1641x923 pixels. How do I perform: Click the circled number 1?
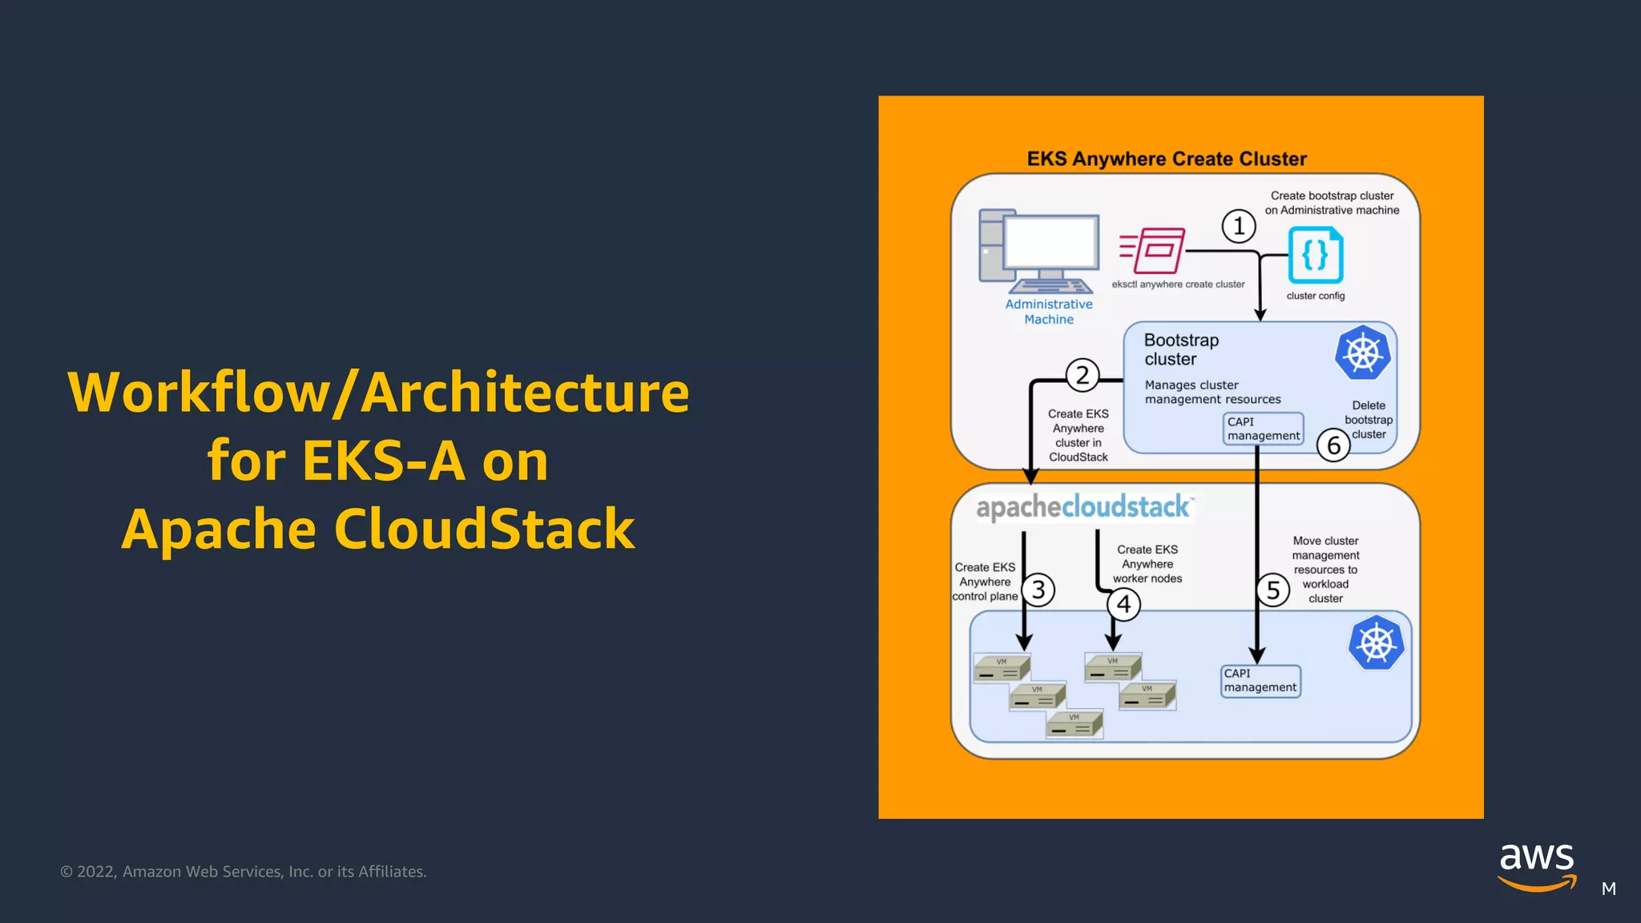pyautogui.click(x=1238, y=227)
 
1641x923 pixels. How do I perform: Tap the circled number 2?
pyautogui.click(x=1083, y=375)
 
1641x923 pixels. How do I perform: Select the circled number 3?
pyautogui.click(x=1038, y=590)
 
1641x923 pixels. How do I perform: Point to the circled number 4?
pyautogui.click(x=1123, y=604)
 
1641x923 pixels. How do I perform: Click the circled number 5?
pyautogui.click(x=1272, y=591)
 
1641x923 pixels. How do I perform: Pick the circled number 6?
pyautogui.click(x=1333, y=445)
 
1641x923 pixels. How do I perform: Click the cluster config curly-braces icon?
pyautogui.click(x=1315, y=256)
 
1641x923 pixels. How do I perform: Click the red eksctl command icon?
pyautogui.click(x=1153, y=251)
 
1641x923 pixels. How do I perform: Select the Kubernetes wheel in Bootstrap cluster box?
pyautogui.click(x=1362, y=353)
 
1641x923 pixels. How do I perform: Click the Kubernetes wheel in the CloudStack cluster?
pyautogui.click(x=1376, y=643)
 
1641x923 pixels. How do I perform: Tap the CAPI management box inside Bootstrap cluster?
pyautogui.click(x=1263, y=429)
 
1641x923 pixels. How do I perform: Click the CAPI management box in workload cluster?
pyautogui.click(x=1260, y=681)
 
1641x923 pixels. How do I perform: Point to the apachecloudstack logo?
pyautogui.click(x=1083, y=507)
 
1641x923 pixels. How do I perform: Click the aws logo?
pyautogui.click(x=1536, y=866)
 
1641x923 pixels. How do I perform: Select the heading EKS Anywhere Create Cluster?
pyautogui.click(x=1167, y=159)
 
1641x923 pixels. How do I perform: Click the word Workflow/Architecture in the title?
pyautogui.click(x=378, y=393)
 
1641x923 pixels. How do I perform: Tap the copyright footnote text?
pyautogui.click(x=244, y=872)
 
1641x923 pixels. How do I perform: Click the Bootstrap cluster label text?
pyautogui.click(x=1181, y=349)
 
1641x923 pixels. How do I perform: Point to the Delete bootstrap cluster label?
pyautogui.click(x=1368, y=420)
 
